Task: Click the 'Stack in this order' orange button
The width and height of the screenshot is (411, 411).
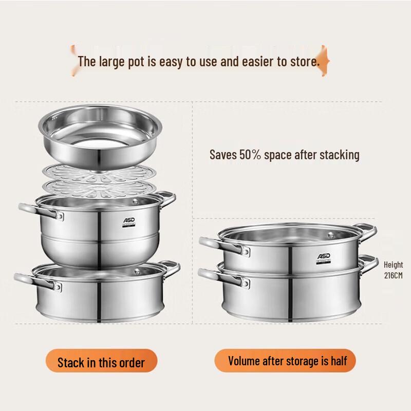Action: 101,362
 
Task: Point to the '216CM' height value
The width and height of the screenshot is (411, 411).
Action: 394,275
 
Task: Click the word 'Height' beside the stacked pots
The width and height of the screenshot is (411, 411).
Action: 394,265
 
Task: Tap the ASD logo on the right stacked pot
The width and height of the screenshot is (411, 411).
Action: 323,256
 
